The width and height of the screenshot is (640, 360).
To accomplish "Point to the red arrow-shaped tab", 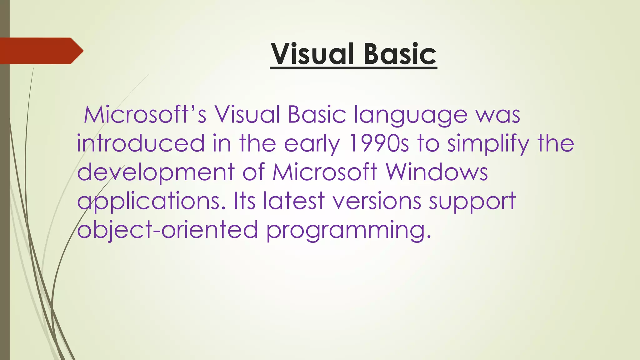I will [x=41, y=51].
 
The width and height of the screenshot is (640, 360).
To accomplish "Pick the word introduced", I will [x=141, y=143].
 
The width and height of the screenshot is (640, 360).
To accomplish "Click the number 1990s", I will [x=379, y=143].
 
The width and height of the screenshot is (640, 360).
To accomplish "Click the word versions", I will [x=377, y=201].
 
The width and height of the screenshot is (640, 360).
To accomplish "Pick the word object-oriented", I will [x=167, y=230].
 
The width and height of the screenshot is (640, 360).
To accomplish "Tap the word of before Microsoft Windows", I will [x=253, y=172].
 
